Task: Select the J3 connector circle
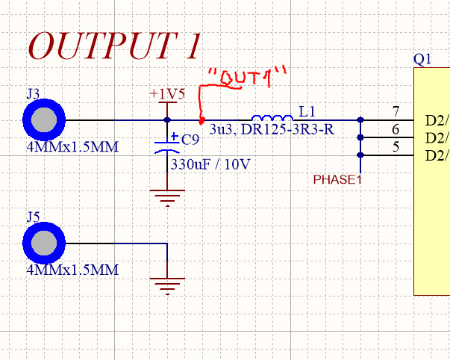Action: tap(44, 120)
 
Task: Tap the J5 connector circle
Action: tap(44, 243)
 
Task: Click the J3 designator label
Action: tap(32, 94)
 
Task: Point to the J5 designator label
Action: tap(32, 217)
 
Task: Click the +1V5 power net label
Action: tap(166, 94)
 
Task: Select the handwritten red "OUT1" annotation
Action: tap(246, 78)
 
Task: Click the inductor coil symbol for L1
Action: tap(272, 118)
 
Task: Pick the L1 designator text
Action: tap(307, 111)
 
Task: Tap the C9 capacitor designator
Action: tap(190, 140)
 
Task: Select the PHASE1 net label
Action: tap(337, 180)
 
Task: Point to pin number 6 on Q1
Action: tap(396, 130)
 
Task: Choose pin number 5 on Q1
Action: tap(396, 147)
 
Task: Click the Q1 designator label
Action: tap(422, 59)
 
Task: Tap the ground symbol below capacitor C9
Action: tap(167, 197)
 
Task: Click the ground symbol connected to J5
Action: tap(167, 285)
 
